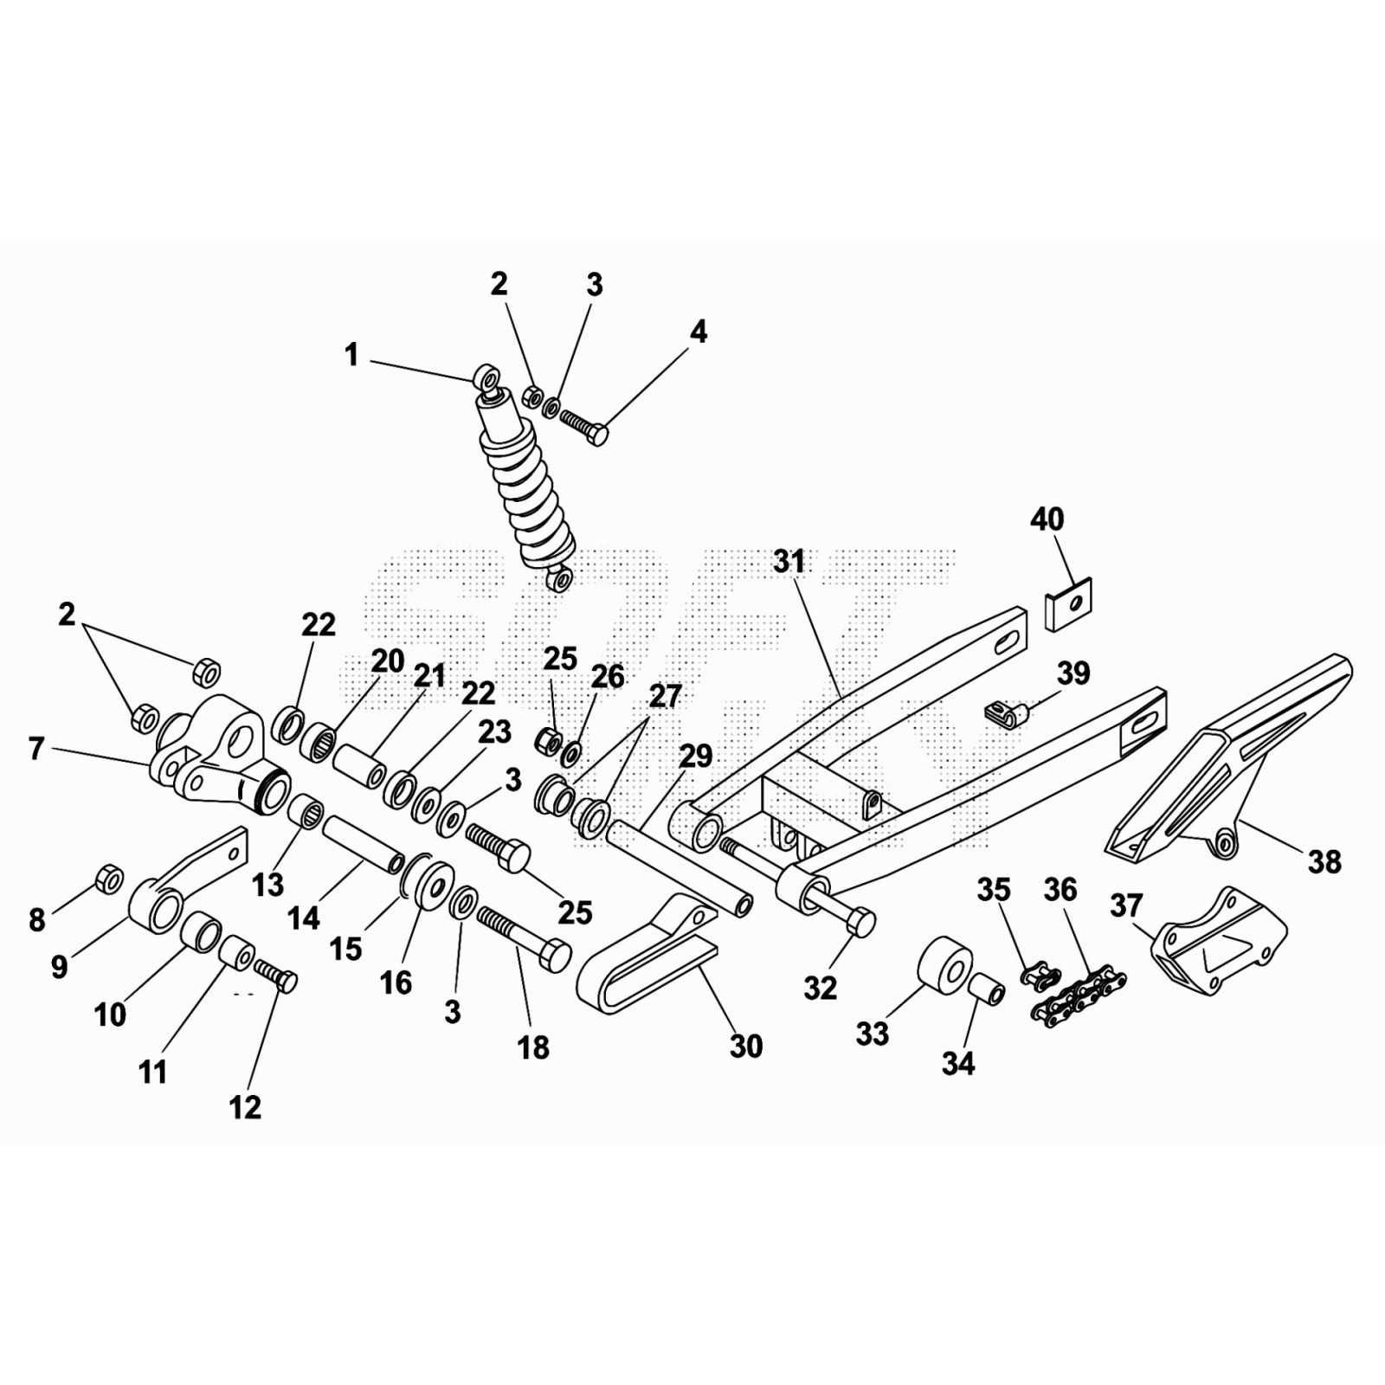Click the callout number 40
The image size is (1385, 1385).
click(1047, 519)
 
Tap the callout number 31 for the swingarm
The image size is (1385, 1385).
click(789, 562)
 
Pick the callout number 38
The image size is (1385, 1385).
click(1324, 861)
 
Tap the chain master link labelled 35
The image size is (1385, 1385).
click(1040, 976)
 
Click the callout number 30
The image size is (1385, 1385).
click(746, 1046)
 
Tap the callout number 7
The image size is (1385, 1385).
click(35, 749)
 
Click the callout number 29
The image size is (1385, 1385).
click(696, 756)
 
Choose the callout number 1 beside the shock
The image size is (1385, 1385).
click(351, 355)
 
